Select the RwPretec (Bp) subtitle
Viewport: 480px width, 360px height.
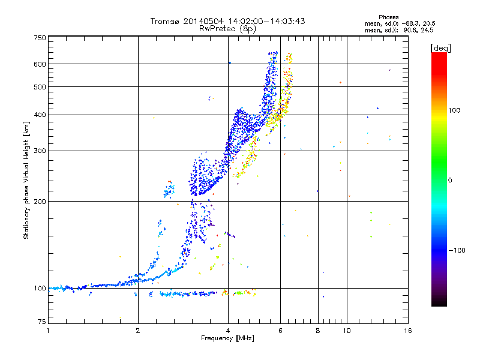point(228,28)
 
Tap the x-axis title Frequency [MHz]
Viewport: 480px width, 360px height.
point(228,339)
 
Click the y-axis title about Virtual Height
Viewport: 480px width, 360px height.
point(26,180)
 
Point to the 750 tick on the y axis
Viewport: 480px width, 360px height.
point(40,37)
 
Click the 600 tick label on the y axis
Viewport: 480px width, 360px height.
point(40,64)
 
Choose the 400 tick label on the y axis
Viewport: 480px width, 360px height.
point(40,115)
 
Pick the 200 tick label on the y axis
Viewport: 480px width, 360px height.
point(40,201)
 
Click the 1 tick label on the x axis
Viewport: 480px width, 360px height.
point(48,331)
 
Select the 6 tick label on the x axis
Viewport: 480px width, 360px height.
point(280,331)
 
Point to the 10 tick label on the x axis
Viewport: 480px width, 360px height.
point(346,331)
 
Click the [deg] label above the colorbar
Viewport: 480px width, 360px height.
point(441,47)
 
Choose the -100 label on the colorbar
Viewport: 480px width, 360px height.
point(456,250)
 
